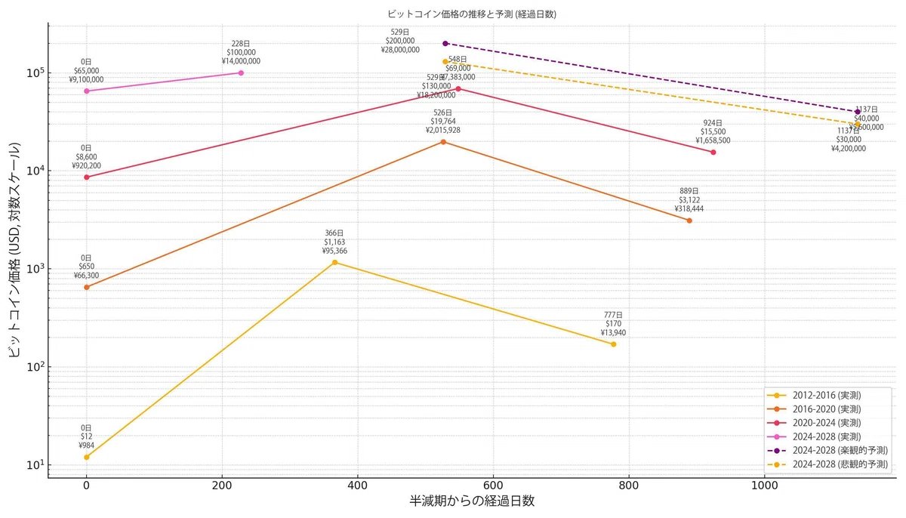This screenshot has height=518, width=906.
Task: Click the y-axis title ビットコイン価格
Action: [x=16, y=250]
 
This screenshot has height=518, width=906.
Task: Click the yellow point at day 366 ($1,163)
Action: [x=334, y=262]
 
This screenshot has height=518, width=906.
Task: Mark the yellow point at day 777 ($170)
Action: [x=613, y=344]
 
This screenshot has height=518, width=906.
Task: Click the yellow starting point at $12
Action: [x=86, y=457]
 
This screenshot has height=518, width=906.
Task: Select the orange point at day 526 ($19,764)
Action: [x=443, y=141]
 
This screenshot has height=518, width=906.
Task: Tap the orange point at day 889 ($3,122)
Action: [x=689, y=220]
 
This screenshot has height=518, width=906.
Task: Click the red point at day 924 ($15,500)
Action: [x=713, y=152]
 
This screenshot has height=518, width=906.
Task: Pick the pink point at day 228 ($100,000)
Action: [x=241, y=72]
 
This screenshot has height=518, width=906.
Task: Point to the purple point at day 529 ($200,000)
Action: [x=445, y=43]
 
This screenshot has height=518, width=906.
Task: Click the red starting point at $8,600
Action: [x=86, y=177]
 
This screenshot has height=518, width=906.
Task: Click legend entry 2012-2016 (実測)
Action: [x=827, y=395]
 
